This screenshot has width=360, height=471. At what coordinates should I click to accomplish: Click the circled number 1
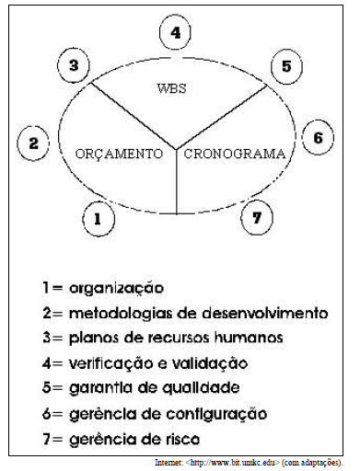click(x=97, y=219)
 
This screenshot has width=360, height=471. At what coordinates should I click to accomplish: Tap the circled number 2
click(x=33, y=144)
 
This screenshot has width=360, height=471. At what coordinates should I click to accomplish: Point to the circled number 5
click(x=286, y=66)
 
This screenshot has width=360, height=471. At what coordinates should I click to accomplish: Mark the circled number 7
click(x=257, y=219)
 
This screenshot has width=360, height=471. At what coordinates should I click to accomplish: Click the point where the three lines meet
click(x=175, y=148)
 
